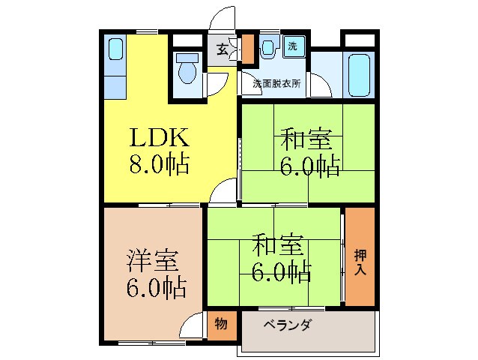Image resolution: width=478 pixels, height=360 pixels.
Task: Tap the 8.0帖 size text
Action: coord(159,163)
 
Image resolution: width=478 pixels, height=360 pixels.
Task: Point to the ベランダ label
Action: coord(287,325)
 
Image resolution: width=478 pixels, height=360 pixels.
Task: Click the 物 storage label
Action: coord(221,324)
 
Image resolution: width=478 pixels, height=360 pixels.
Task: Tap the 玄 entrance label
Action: coord(223,49)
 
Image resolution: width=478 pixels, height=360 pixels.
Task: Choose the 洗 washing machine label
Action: coord(294,46)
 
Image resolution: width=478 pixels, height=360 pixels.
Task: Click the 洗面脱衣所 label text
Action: coord(276,84)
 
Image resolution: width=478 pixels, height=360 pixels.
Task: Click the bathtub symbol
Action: coord(360,74)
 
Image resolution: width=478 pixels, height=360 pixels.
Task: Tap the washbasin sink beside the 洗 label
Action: coord(268,47)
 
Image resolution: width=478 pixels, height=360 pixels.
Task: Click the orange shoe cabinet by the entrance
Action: coord(247,49)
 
